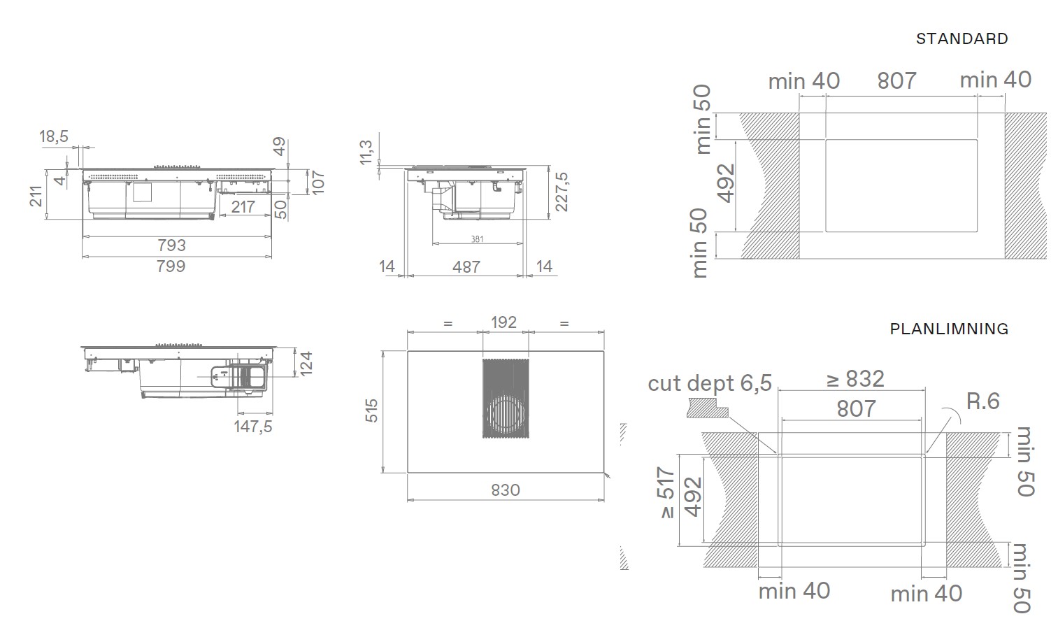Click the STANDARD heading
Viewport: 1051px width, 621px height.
pos(962,39)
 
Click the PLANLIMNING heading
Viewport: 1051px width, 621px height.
pos(949,329)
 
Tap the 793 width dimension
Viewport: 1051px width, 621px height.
pos(172,245)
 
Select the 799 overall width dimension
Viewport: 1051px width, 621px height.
pos(171,266)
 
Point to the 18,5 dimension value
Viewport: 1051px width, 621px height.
pos(53,136)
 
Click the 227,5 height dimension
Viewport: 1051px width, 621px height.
pos(562,192)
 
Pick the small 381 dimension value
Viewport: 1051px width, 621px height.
pos(477,239)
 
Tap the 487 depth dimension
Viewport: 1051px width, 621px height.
pos(466,267)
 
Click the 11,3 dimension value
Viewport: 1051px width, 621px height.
pos(366,152)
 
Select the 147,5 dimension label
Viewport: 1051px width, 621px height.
pos(253,427)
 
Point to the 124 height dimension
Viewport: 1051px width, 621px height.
pos(306,364)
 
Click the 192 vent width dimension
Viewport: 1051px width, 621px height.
pos(503,322)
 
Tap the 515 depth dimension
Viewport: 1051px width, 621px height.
pos(371,411)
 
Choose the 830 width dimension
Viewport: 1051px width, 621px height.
pos(506,490)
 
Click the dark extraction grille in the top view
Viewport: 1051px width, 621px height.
pos(506,399)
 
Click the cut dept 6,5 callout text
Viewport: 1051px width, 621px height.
pos(710,383)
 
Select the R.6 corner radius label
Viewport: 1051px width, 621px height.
pos(983,401)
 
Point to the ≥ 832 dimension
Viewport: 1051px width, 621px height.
pos(855,379)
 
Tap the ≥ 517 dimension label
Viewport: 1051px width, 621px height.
pos(666,492)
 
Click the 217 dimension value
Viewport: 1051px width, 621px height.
pos(243,206)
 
